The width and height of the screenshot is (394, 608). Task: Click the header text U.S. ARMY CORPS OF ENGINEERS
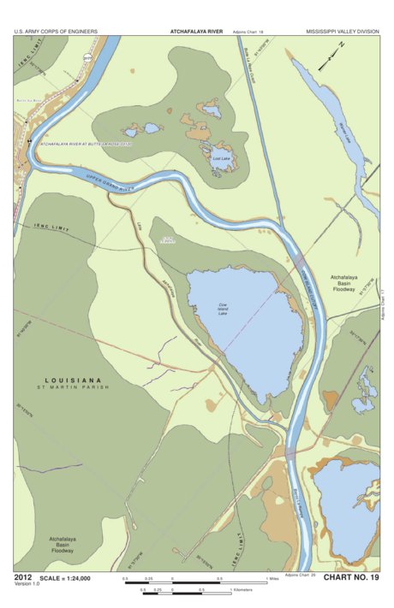coord(56,32)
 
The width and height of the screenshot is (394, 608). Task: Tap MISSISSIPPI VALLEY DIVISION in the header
coord(341,32)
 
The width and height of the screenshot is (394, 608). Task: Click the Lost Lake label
coord(221,158)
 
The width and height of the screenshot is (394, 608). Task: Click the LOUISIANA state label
coord(74,380)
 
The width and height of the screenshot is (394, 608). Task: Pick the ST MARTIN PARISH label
coord(74,389)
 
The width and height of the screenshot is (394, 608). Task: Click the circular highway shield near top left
coord(87,57)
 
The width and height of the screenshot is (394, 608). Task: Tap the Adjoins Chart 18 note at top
coord(248,32)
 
